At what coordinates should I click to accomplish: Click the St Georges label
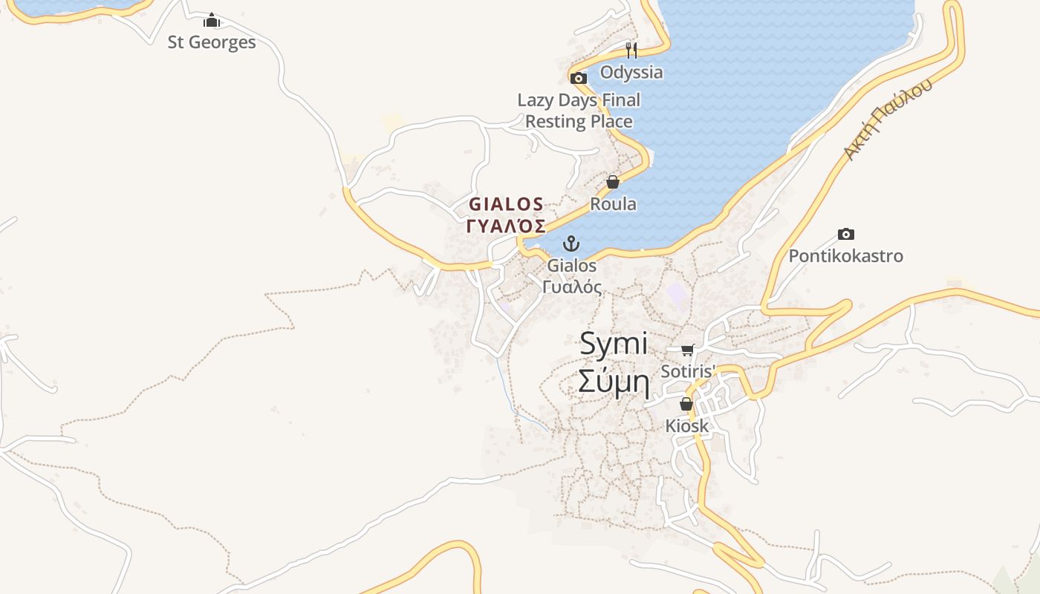pos(212,42)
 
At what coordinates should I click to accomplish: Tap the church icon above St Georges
pos(212,20)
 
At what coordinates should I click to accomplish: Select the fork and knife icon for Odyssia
pos(631,50)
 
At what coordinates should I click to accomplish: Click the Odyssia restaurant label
pos(631,72)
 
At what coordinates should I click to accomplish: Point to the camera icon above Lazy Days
pos(579,78)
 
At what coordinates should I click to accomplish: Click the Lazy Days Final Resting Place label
pos(579,111)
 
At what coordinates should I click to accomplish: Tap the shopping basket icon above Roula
pos(613,182)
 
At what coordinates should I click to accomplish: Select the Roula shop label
pos(613,203)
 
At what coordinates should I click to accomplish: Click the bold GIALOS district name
pos(506,204)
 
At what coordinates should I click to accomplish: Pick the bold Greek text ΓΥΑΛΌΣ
pos(506,226)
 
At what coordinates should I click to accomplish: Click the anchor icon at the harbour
pos(571,244)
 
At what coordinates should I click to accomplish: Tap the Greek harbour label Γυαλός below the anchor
pos(572,287)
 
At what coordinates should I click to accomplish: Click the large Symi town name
pos(613,344)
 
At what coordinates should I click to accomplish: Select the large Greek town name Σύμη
pos(614,383)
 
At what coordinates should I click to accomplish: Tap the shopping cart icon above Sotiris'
pos(687,350)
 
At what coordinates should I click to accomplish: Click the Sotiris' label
pos(688,371)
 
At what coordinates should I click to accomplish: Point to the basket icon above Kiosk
pos(686,405)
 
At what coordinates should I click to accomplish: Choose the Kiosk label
pos(686,426)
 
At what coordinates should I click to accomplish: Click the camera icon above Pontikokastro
pos(845,235)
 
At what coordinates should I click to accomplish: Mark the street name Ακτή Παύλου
pos(887,119)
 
